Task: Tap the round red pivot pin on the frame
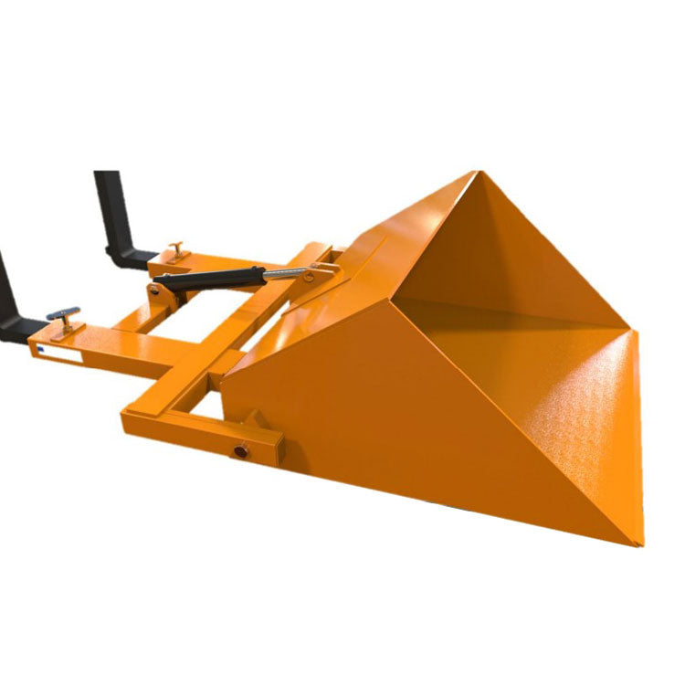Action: point(243,451)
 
